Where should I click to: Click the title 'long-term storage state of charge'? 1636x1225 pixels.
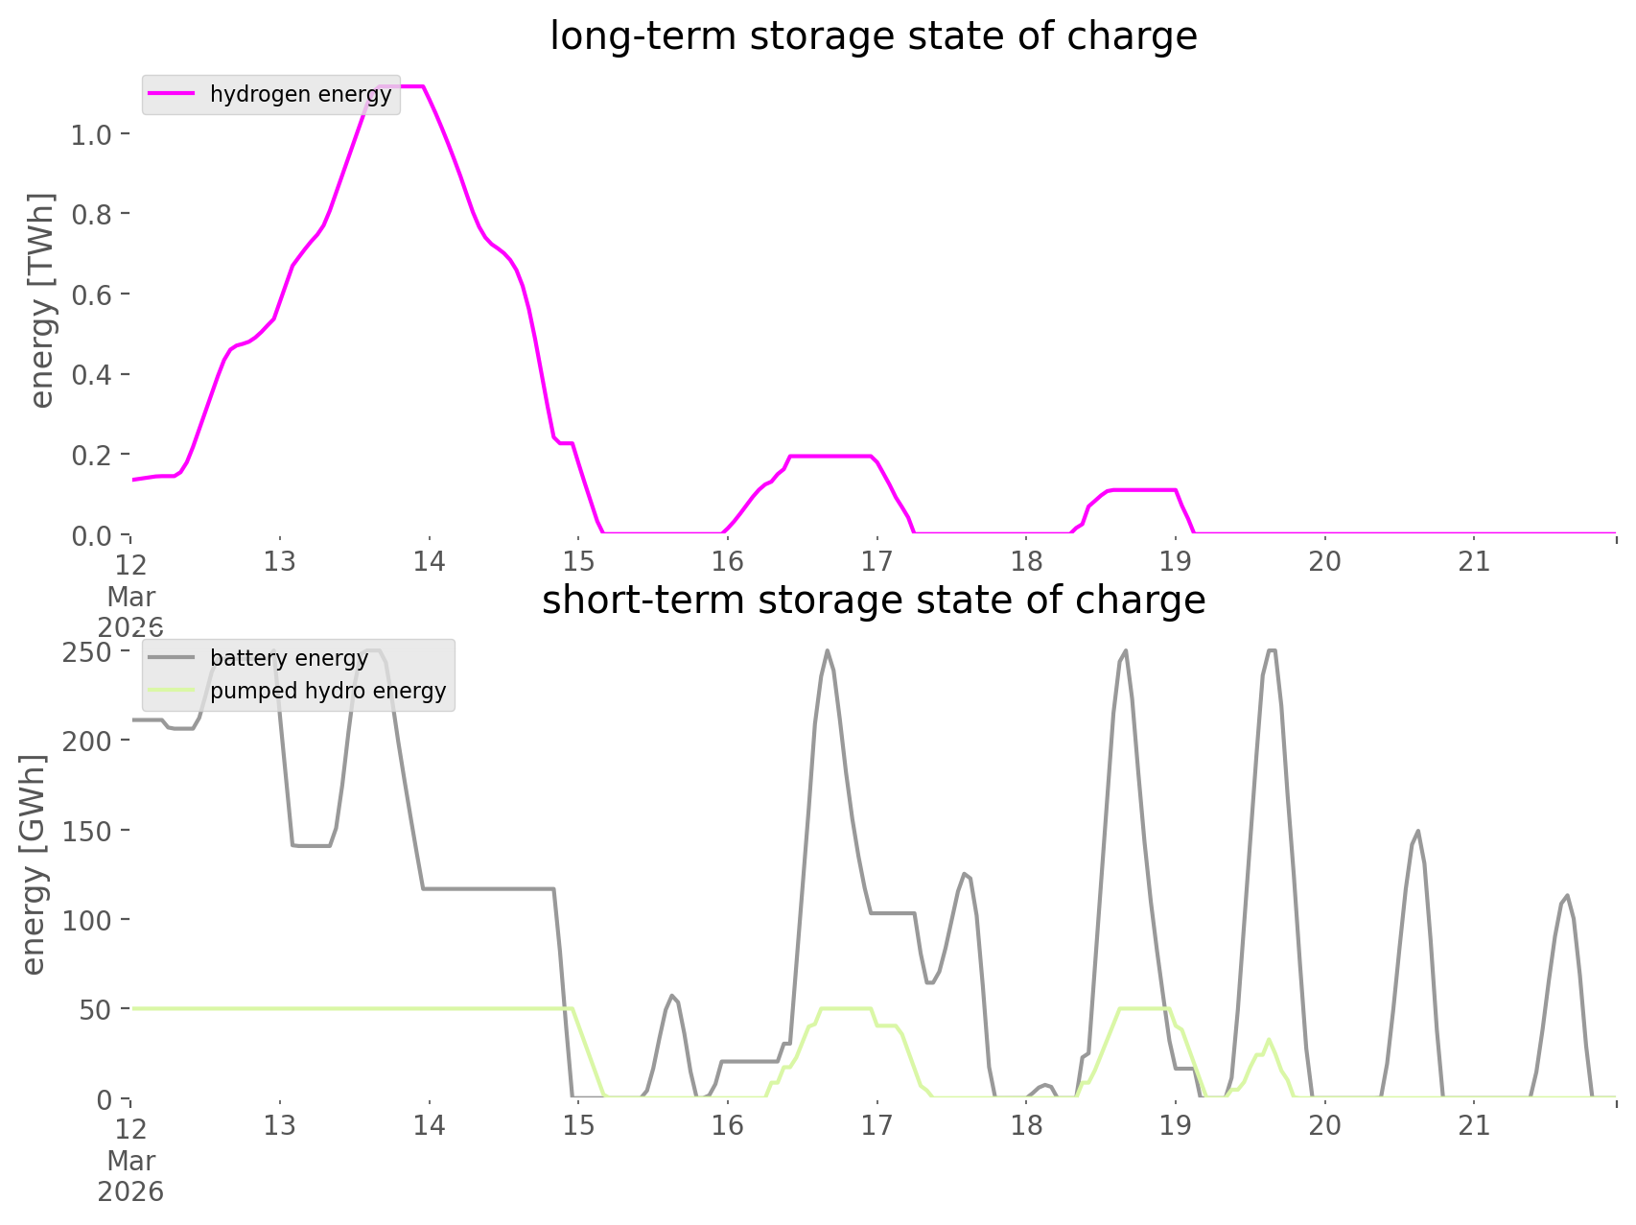click(x=873, y=36)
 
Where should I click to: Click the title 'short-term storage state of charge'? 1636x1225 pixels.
click(x=873, y=601)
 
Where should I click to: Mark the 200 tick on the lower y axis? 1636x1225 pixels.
click(x=88, y=741)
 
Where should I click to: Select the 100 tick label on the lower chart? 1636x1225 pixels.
click(x=88, y=920)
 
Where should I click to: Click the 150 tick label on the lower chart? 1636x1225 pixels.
click(x=88, y=831)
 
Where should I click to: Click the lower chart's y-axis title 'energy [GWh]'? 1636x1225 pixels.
click(x=34, y=864)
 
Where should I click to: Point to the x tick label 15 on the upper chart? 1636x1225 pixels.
click(x=578, y=561)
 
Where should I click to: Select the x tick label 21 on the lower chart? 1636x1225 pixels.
click(x=1474, y=1125)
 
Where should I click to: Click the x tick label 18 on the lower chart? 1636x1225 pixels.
click(x=1026, y=1125)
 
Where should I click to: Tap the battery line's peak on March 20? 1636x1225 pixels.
click(x=1417, y=832)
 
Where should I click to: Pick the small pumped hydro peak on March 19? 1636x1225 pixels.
click(x=1269, y=1039)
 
